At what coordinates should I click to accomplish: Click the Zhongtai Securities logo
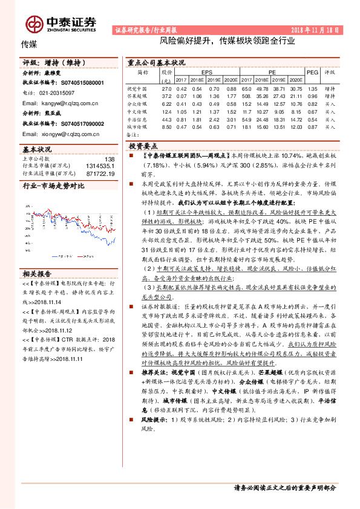(x=61, y=23)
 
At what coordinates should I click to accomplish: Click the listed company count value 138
(x=110, y=159)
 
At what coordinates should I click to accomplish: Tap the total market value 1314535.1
(x=100, y=166)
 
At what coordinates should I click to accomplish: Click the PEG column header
(x=312, y=71)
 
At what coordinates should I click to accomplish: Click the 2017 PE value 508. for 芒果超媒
(x=246, y=96)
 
